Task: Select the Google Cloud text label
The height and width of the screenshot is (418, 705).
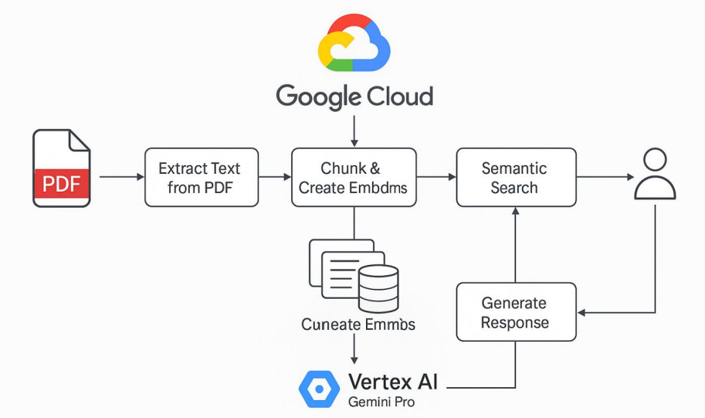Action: point(354,97)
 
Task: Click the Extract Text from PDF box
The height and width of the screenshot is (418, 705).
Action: point(202,178)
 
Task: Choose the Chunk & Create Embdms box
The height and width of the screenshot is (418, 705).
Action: point(354,178)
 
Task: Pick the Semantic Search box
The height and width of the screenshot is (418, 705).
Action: point(516,178)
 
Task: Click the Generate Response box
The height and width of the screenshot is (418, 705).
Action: point(516,312)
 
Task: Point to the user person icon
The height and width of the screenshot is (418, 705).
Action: point(655,175)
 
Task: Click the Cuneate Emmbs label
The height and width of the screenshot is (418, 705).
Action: point(358,325)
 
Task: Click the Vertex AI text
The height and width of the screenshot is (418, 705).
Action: point(393,382)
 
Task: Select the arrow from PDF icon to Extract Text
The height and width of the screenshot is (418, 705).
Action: point(121,178)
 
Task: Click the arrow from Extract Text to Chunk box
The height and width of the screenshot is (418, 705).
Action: point(274,178)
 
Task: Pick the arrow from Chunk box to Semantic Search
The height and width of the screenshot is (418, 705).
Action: point(436,178)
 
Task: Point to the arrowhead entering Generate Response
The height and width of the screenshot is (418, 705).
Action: point(582,312)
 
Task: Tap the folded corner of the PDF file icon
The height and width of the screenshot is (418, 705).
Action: point(80,141)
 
